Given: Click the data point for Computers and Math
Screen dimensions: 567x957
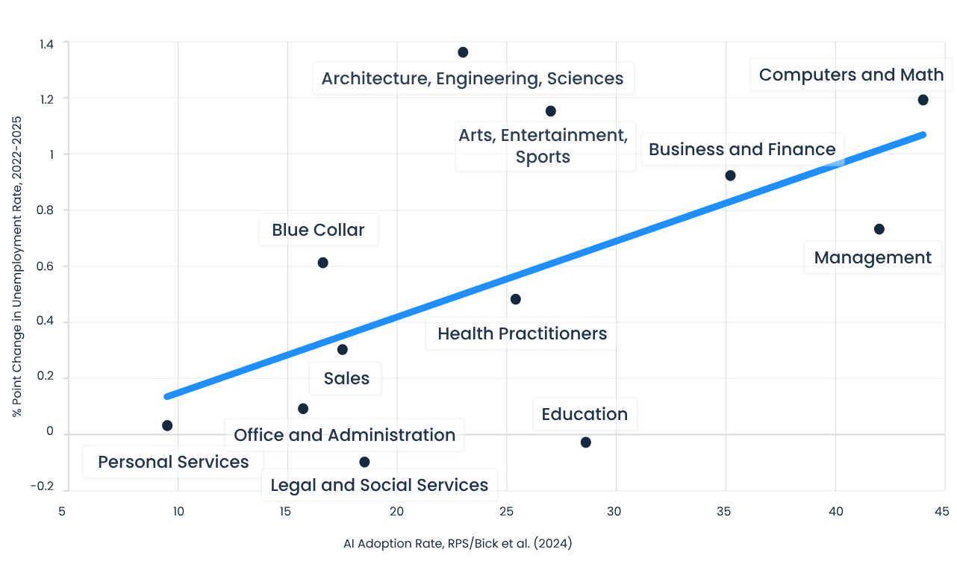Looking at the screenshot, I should (923, 100).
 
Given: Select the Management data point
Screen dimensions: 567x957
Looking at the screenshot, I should (879, 229).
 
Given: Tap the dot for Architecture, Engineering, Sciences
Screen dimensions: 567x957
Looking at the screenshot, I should (463, 52).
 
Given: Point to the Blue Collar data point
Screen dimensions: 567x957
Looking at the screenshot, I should (322, 263).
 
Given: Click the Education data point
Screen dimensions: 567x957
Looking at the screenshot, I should (585, 442).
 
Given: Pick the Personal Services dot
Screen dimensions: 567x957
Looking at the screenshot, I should (167, 425).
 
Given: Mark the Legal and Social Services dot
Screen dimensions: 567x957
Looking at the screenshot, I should (364, 462).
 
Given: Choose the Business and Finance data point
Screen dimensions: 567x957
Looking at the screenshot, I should (730, 175).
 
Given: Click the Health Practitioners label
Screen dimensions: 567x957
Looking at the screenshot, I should (522, 333).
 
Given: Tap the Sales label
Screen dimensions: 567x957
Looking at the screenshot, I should (346, 378).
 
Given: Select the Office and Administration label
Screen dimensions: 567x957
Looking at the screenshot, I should (344, 435).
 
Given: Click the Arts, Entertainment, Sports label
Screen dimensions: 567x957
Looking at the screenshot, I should (543, 146).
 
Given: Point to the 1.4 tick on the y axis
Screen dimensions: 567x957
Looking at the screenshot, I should (46, 43).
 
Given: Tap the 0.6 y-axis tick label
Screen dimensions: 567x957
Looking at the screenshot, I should (46, 266).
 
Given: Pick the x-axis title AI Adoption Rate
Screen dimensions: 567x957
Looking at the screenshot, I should (458, 544).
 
